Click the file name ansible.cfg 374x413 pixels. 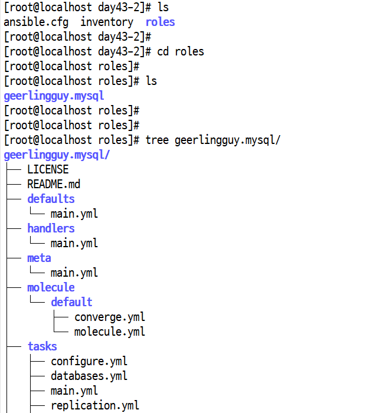(x=36, y=22)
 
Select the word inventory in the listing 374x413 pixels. (x=107, y=22)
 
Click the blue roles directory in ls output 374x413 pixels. (x=160, y=22)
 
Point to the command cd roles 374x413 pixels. (x=181, y=51)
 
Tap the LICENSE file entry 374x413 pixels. (x=48, y=169)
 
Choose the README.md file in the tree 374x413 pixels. (x=54, y=184)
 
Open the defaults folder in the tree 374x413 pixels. (x=51, y=199)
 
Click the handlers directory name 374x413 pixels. (x=51, y=228)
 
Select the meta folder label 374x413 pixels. (x=39, y=258)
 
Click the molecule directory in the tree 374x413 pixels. (x=51, y=287)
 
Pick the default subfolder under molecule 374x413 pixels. (x=71, y=302)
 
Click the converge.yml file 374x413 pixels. (x=110, y=317)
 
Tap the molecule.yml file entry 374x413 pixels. (x=110, y=332)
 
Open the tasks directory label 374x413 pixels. (x=42, y=346)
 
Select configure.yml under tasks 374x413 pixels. (x=89, y=361)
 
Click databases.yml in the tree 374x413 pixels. (x=89, y=376)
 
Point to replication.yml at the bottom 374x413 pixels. (x=95, y=406)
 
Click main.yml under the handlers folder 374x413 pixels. (x=74, y=243)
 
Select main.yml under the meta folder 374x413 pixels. (x=74, y=273)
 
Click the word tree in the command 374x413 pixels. (x=157, y=140)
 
